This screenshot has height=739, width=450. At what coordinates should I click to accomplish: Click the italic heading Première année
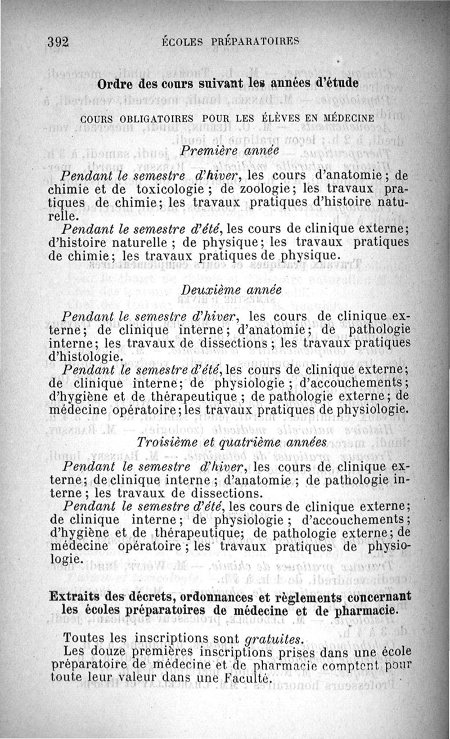coord(228,150)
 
